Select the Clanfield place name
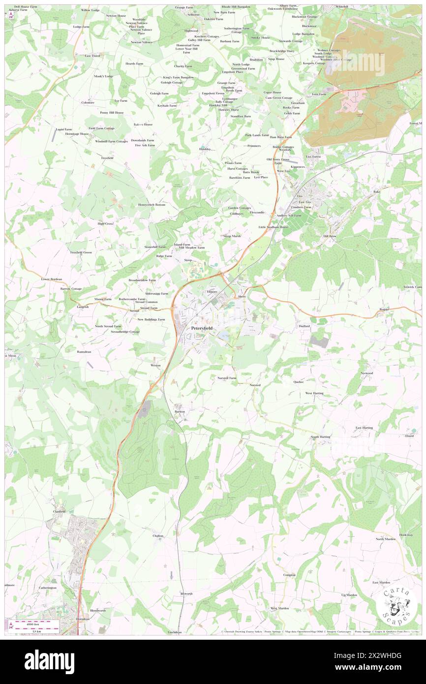pyautogui.click(x=59, y=511)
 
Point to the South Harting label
pyautogui.click(x=320, y=436)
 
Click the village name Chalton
pyautogui.click(x=158, y=535)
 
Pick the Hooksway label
pyautogui.click(x=405, y=534)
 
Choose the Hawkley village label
pyautogui.click(x=205, y=148)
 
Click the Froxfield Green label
pyautogui.click(x=81, y=252)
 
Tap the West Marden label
pyautogui.click(x=279, y=608)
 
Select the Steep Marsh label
pyautogui.click(x=232, y=236)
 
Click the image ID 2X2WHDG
pyautogui.click(x=380, y=655)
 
